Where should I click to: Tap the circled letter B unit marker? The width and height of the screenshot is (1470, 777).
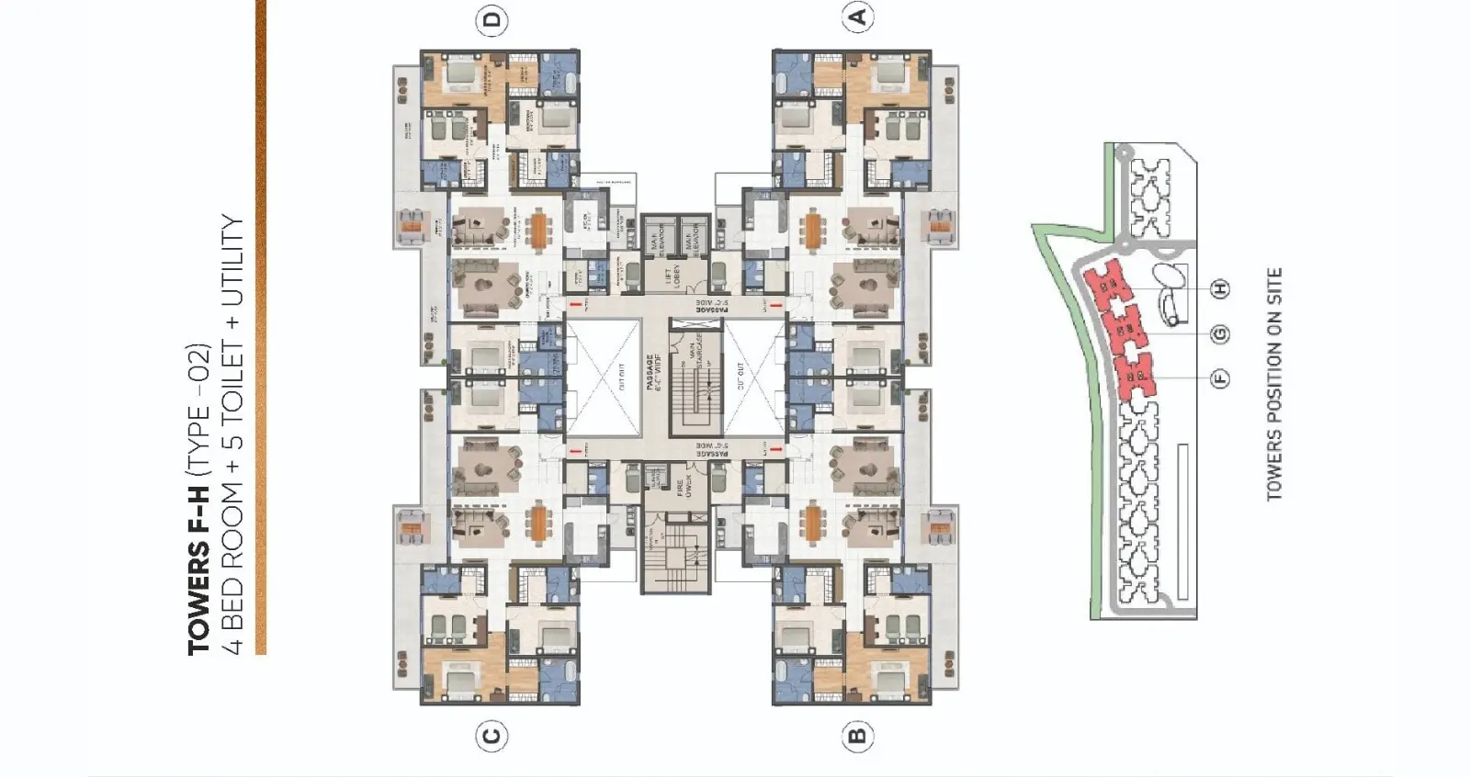click(857, 736)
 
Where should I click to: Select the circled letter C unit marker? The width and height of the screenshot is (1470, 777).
click(492, 736)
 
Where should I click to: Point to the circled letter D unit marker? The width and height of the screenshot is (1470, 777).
click(493, 19)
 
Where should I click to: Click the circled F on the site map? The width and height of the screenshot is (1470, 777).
click(1220, 377)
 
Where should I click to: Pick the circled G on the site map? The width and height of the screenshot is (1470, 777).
click(1220, 334)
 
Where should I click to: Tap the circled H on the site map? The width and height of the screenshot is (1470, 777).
click(1220, 289)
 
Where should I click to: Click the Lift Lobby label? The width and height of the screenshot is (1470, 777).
click(676, 276)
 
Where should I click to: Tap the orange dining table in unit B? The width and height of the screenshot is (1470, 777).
click(812, 524)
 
